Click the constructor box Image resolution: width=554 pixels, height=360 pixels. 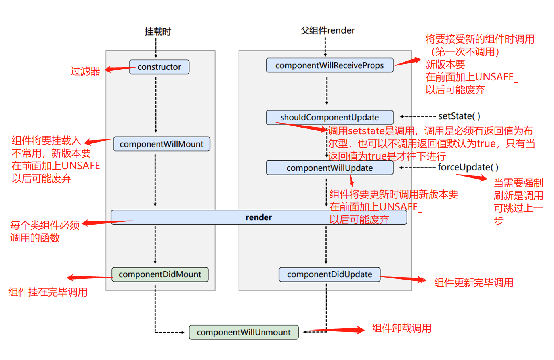(159, 67)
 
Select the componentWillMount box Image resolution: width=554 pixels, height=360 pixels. (161, 144)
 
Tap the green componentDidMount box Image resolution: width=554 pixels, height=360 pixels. (160, 274)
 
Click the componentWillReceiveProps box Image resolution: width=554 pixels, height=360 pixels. (329, 65)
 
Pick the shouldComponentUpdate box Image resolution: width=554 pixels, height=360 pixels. (329, 118)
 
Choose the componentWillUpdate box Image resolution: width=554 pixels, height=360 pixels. (329, 168)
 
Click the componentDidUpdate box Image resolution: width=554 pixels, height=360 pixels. (329, 274)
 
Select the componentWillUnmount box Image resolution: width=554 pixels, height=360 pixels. (243, 332)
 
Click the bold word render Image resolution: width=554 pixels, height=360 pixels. (258, 217)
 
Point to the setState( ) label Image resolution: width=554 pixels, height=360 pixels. (459, 116)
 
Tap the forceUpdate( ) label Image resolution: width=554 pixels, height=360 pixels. (468, 168)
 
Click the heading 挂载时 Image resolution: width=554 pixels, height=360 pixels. (157, 31)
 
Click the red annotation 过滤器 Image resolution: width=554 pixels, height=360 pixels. (85, 71)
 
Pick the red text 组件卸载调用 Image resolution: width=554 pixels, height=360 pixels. (401, 328)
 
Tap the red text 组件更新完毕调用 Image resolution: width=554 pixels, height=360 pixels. (474, 283)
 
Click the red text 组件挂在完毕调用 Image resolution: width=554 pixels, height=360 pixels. (48, 292)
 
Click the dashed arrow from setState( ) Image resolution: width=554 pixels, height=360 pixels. (418, 117)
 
